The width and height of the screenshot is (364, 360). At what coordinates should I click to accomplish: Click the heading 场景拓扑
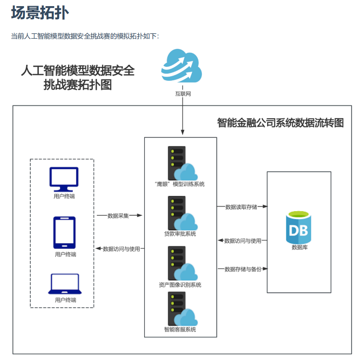click(40, 13)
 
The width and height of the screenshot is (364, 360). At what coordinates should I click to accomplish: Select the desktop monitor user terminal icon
click(64, 179)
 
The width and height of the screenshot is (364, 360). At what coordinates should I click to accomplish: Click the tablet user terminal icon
click(64, 232)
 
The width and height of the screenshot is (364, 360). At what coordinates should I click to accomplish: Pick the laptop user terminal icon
click(65, 284)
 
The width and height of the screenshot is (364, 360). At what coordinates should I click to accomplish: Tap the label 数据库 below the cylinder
click(300, 247)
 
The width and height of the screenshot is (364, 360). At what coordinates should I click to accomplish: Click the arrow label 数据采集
click(118, 216)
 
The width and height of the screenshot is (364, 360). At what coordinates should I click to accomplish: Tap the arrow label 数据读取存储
click(241, 207)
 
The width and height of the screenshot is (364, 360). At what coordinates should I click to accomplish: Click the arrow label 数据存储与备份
click(243, 269)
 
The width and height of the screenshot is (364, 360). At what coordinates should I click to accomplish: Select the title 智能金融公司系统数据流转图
click(280, 123)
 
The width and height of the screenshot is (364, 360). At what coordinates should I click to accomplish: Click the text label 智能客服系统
click(180, 329)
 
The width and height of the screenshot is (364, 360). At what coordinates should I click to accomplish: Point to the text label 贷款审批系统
click(180, 234)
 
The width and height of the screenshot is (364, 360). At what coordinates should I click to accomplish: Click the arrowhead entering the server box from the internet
click(182, 133)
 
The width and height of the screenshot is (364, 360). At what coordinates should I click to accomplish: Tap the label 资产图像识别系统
click(180, 285)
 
